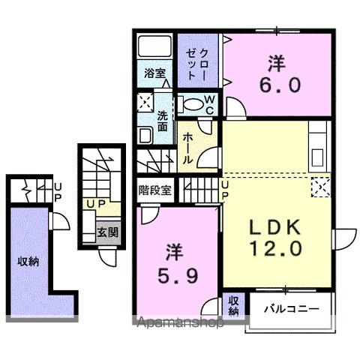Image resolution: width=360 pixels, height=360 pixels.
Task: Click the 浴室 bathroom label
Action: tap(154, 73)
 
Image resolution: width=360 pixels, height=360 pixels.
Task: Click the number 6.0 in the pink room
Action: tap(282, 84)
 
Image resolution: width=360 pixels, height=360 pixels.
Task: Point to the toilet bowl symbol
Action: tap(192, 103)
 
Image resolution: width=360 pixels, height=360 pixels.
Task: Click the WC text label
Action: tap(210, 105)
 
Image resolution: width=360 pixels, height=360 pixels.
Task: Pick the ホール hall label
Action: tap(189, 147)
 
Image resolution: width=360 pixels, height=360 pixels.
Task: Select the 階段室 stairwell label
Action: tap(154, 189)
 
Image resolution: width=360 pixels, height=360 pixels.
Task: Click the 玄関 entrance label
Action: tap(106, 232)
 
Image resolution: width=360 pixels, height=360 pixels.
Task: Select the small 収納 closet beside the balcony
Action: tap(234, 304)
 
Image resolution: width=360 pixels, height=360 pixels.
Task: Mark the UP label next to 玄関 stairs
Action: tap(94, 204)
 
